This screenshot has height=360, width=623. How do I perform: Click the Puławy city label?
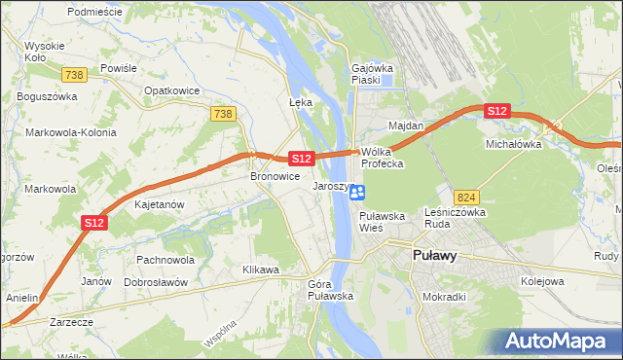tap(431, 256)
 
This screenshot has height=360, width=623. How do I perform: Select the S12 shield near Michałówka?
tap(496, 112)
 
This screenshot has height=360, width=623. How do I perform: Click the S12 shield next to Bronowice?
tap(300, 158)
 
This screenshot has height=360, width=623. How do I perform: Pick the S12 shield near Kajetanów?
tap(93, 223)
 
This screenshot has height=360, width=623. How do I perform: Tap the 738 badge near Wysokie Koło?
tap(72, 75)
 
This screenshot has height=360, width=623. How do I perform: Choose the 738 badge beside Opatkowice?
tap(222, 114)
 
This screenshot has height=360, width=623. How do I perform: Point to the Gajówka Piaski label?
tap(371, 75)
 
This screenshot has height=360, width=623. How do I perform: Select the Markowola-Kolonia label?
tap(71, 132)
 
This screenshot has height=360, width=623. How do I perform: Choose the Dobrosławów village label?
tap(156, 281)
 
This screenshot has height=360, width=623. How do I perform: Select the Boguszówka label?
tap(46, 97)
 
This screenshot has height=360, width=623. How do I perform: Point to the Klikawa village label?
tap(261, 269)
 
